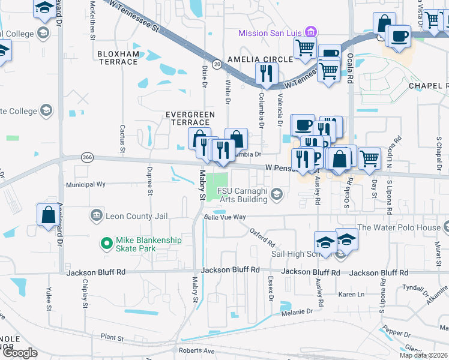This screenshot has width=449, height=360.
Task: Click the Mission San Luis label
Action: click(270, 32)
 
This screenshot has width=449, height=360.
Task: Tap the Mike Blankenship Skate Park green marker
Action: click(106, 243)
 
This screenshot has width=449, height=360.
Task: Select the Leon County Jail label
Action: click(136, 215)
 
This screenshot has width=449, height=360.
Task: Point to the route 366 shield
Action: click(86, 157)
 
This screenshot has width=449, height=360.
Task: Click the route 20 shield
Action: click(217, 63)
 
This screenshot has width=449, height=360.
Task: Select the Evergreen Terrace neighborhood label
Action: click(190, 118)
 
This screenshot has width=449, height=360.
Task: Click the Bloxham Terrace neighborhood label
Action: click(118, 58)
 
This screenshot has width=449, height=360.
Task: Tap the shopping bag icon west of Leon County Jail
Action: click(48, 215)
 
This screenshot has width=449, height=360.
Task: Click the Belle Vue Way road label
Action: click(225, 217)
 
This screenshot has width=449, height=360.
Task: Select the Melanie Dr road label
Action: click(297, 311)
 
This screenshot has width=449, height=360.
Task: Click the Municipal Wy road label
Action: click(86, 185)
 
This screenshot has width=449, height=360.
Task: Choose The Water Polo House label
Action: click(399, 227)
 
